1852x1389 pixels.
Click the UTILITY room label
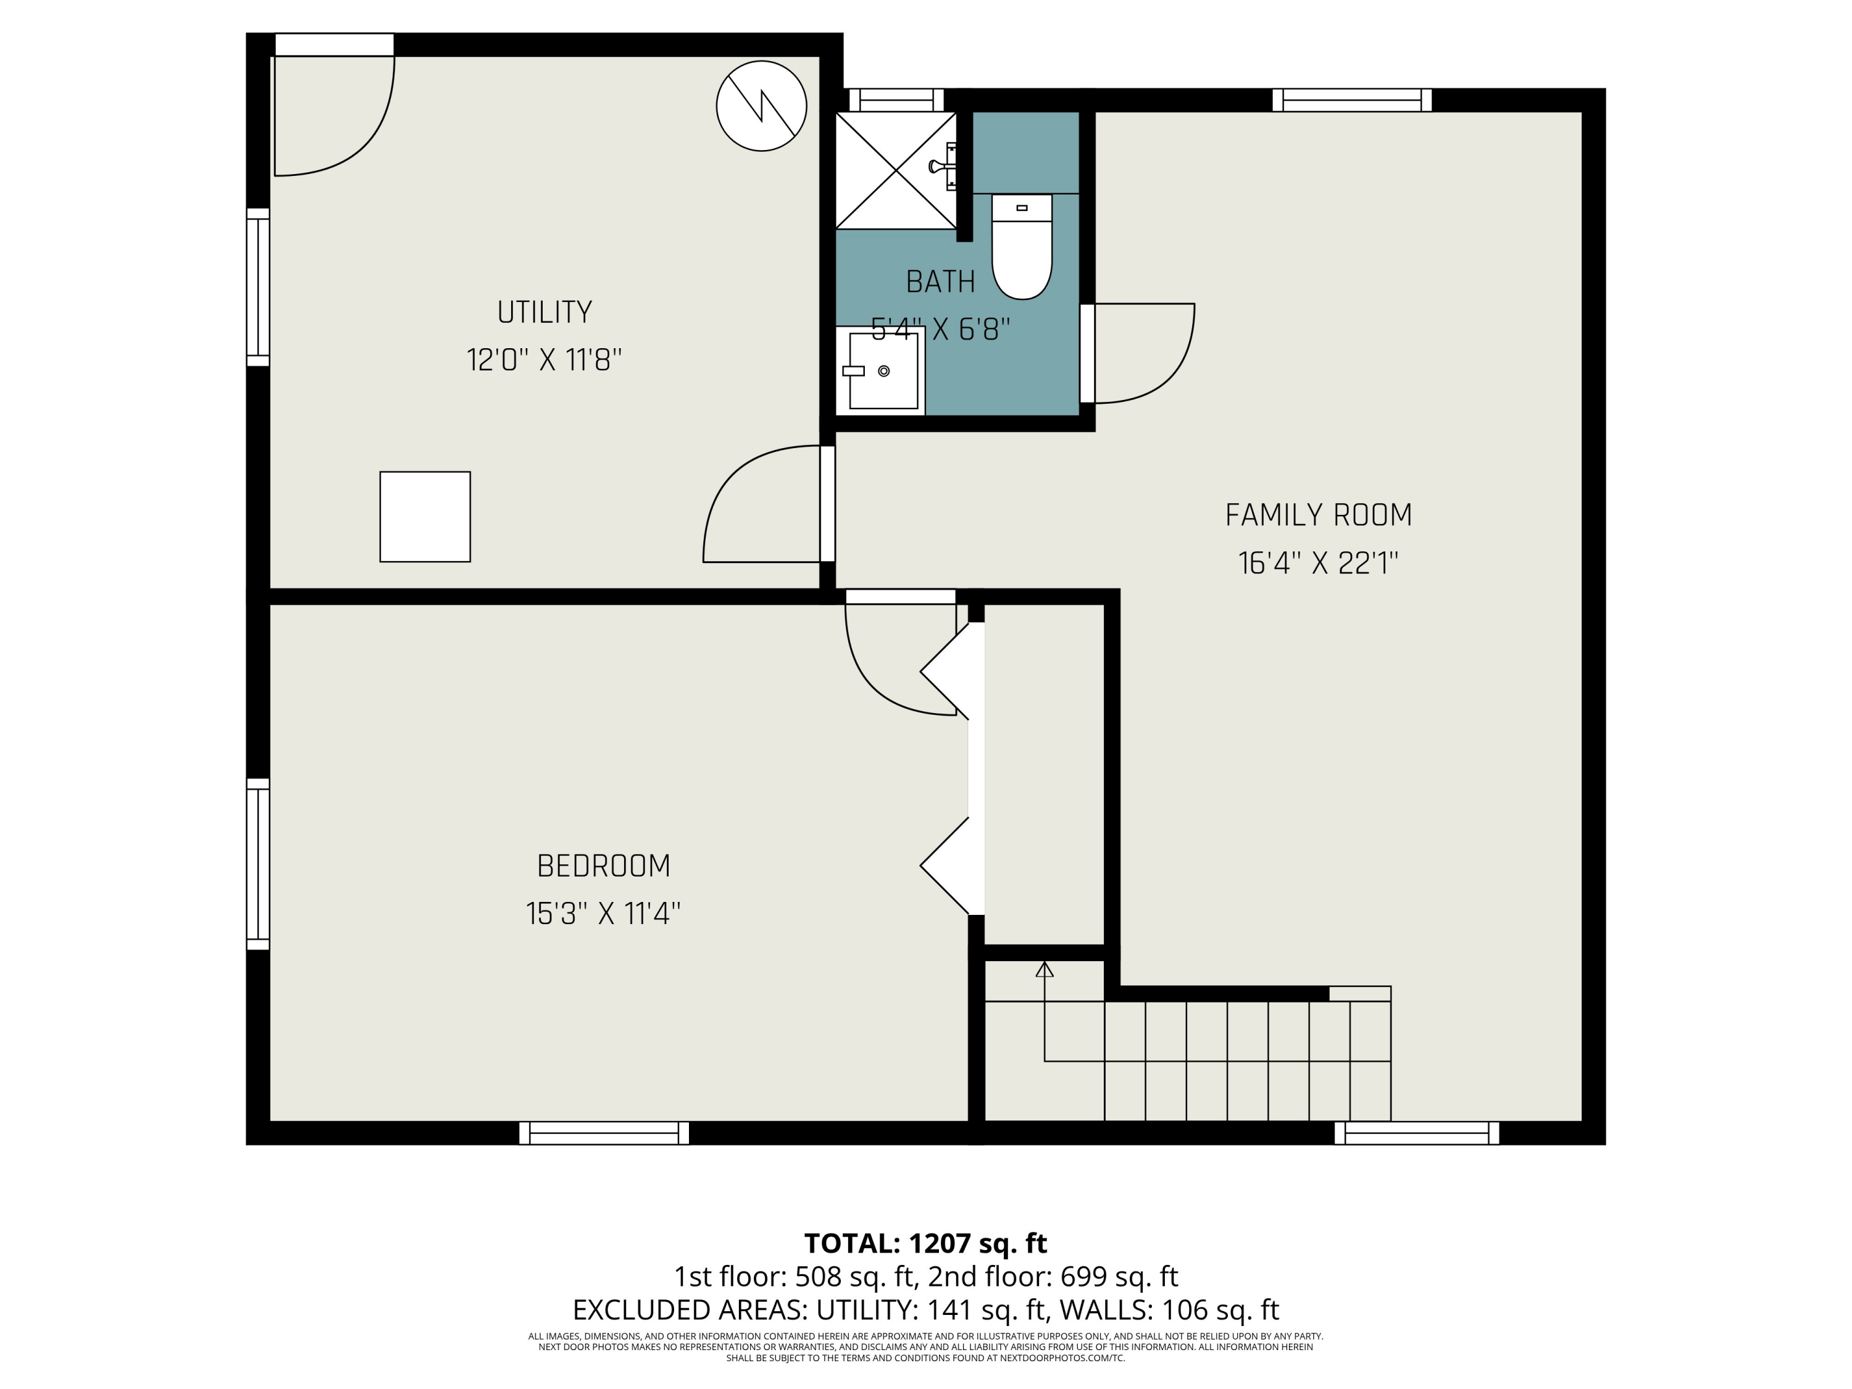544,312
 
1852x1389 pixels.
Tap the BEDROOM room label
604,866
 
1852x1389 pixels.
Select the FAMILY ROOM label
1319,515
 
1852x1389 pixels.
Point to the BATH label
940,282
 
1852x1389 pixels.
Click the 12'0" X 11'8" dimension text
544,360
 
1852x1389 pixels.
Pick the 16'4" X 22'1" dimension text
1319,562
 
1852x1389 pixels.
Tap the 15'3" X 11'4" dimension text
604,914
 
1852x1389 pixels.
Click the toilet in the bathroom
1022,247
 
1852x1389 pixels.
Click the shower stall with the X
896,170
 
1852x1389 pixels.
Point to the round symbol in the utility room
761,106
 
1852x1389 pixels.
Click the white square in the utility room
425,517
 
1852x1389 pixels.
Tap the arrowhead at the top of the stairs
1044,970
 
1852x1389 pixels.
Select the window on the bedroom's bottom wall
604,1133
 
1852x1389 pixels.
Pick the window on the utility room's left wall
258,287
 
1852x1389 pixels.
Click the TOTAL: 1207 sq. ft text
925,1243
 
